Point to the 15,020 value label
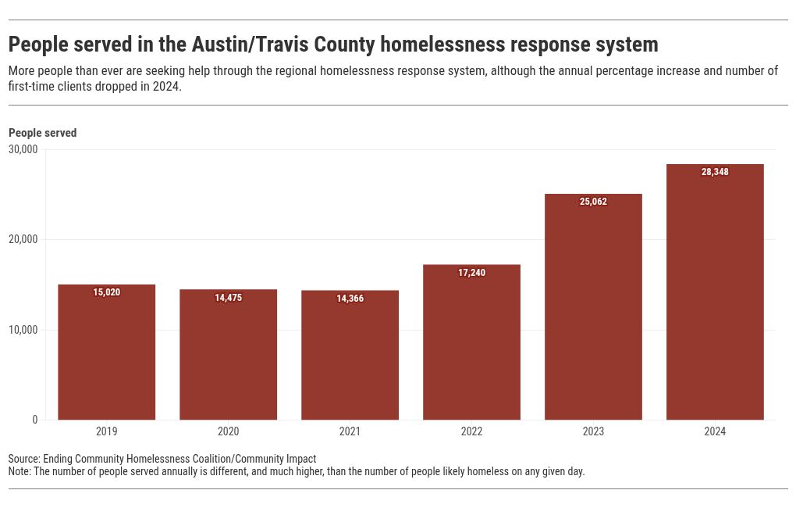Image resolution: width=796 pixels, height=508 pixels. click(x=106, y=292)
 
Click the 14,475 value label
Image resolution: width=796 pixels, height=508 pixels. click(x=228, y=298)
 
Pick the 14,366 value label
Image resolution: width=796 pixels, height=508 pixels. click(x=350, y=299)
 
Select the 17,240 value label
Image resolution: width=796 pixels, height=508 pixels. click(x=471, y=273)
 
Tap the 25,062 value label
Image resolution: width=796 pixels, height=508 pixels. click(x=593, y=202)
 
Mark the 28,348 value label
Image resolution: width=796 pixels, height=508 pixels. click(x=715, y=172)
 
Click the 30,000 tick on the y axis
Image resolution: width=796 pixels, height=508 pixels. click(x=23, y=149)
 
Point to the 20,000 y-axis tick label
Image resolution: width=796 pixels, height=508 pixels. click(x=23, y=239)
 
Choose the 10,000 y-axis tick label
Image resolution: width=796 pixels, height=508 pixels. click(x=23, y=330)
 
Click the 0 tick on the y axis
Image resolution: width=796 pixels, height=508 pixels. click(x=34, y=420)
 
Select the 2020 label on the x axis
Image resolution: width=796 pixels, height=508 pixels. click(x=228, y=431)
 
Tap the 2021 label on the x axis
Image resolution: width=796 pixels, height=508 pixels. click(x=350, y=431)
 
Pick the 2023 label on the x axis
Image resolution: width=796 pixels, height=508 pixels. click(x=593, y=431)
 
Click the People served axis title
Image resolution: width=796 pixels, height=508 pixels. click(x=42, y=133)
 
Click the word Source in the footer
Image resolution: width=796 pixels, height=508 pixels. click(x=23, y=459)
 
